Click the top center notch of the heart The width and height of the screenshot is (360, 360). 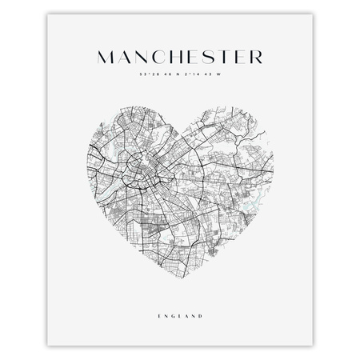[180, 126]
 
